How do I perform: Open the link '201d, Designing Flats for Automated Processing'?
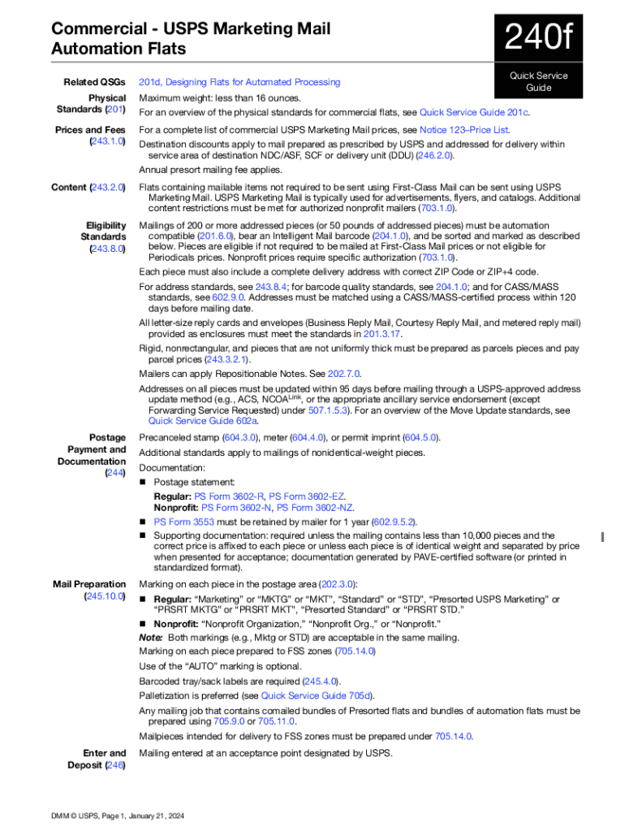click(239, 82)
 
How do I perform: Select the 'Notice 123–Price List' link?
click(463, 130)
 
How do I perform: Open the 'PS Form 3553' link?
click(183, 522)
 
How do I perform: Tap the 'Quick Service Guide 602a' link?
click(203, 421)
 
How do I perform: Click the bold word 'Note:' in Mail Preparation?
click(151, 638)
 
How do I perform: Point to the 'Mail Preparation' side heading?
click(89, 584)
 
